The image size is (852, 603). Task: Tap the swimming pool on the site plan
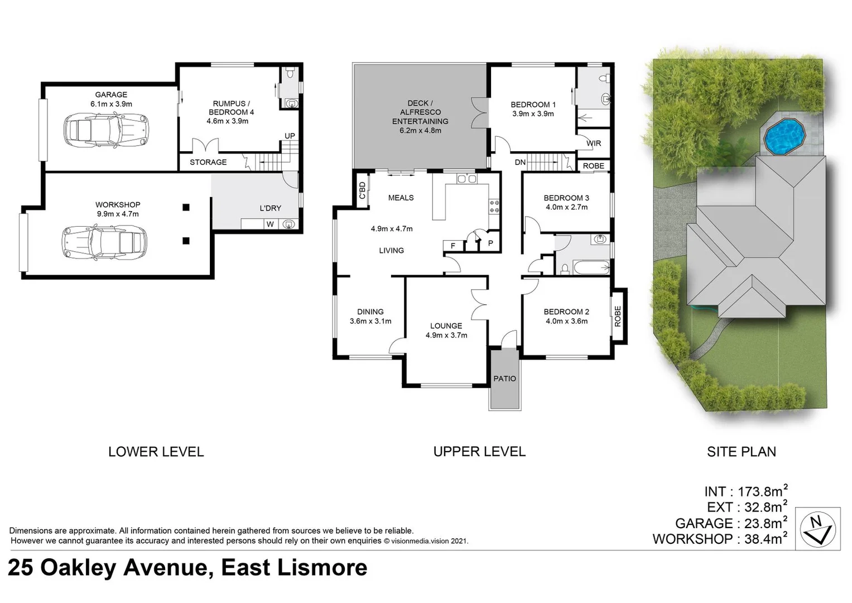click(782, 136)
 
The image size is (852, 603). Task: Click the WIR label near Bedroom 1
click(594, 143)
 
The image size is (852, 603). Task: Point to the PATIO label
click(504, 379)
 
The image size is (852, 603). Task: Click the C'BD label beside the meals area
click(362, 190)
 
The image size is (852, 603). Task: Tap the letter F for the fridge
click(453, 245)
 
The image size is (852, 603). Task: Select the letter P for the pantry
click(490, 243)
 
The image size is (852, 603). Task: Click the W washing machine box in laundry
click(270, 224)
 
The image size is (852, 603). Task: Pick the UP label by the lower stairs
click(290, 136)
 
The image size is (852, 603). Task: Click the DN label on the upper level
click(520, 162)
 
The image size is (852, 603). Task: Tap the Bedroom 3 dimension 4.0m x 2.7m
click(566, 207)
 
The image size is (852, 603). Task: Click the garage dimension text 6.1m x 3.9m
click(111, 104)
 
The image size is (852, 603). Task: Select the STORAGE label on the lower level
click(208, 162)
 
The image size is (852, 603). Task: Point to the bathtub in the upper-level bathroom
click(591, 267)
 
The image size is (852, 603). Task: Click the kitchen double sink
click(466, 179)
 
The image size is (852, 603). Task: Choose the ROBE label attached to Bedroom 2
click(618, 316)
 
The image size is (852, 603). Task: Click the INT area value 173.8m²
click(762, 491)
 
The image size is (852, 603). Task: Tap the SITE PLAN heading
click(741, 452)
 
